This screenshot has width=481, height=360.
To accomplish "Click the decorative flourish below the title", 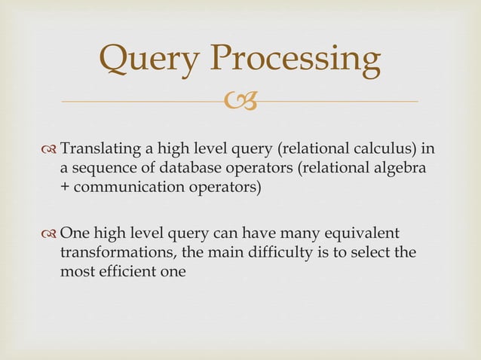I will (x=240, y=100).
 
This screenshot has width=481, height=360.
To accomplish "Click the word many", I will (x=293, y=233).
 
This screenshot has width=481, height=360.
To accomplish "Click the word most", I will (x=75, y=272).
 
